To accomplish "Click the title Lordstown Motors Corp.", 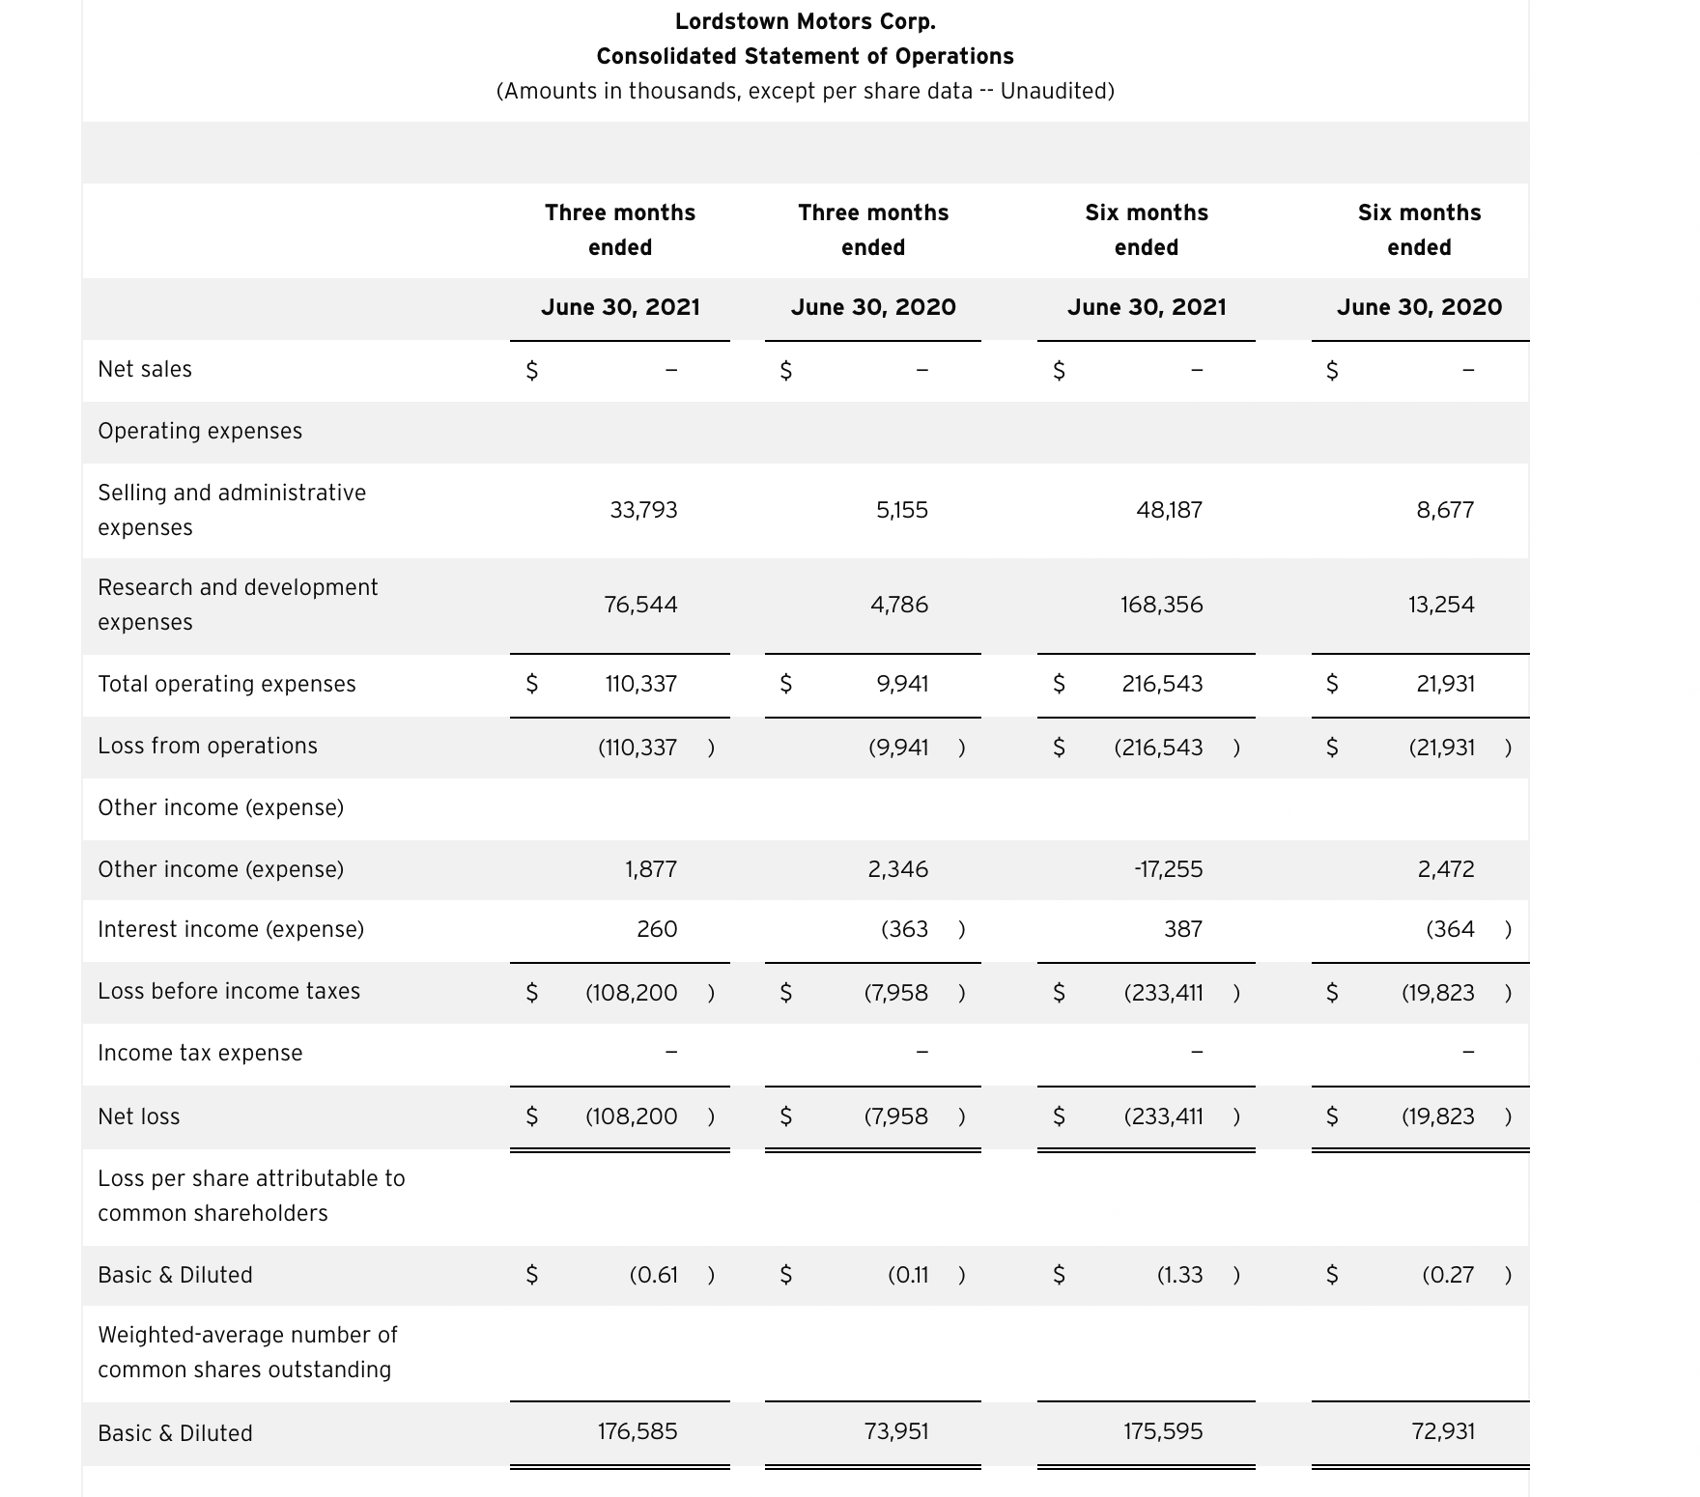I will click(x=805, y=21).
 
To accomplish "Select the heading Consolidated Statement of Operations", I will click(x=805, y=56).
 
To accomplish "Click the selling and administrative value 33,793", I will click(x=643, y=510).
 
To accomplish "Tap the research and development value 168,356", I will click(x=1161, y=605).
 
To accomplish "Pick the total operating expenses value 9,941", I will click(x=902, y=684).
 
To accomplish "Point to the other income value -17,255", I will click(x=1168, y=869).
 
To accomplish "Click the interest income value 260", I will click(x=657, y=929).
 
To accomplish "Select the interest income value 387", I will click(x=1182, y=929).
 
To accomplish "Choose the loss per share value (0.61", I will click(x=653, y=1275).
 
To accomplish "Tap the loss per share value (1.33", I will click(x=1179, y=1275).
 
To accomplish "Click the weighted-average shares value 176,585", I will click(x=637, y=1431).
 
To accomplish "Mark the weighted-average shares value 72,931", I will click(x=1443, y=1431).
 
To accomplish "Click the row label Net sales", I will click(x=145, y=369).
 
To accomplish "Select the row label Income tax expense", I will click(x=200, y=1053).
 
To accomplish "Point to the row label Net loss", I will click(x=139, y=1116).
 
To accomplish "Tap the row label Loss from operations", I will click(x=208, y=746).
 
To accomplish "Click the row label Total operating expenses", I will click(x=227, y=684).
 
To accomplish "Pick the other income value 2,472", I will click(x=1445, y=869).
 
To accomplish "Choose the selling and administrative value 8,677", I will click(x=1445, y=510).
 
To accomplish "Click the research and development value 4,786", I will click(x=898, y=605).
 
